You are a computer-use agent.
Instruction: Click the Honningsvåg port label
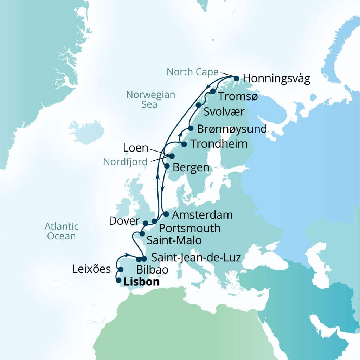click(x=277, y=79)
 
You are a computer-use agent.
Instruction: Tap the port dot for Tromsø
click(x=213, y=91)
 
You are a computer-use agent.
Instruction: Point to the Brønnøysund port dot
click(x=191, y=128)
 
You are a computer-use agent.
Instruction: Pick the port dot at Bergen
click(x=167, y=166)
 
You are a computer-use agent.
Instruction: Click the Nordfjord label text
click(x=125, y=162)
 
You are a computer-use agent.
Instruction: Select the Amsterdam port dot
click(x=166, y=214)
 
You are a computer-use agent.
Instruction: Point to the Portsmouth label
click(x=190, y=228)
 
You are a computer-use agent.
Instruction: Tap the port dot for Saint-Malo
click(x=142, y=233)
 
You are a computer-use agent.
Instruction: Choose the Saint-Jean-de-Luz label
click(x=196, y=258)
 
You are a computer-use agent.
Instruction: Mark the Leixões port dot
click(x=121, y=270)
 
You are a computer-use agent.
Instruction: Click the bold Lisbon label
click(x=142, y=282)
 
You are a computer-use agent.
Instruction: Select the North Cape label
click(x=192, y=72)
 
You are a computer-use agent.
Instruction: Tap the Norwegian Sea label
click(x=150, y=99)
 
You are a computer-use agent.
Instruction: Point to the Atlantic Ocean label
click(x=62, y=231)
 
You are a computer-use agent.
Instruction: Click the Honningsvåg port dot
click(x=236, y=78)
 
